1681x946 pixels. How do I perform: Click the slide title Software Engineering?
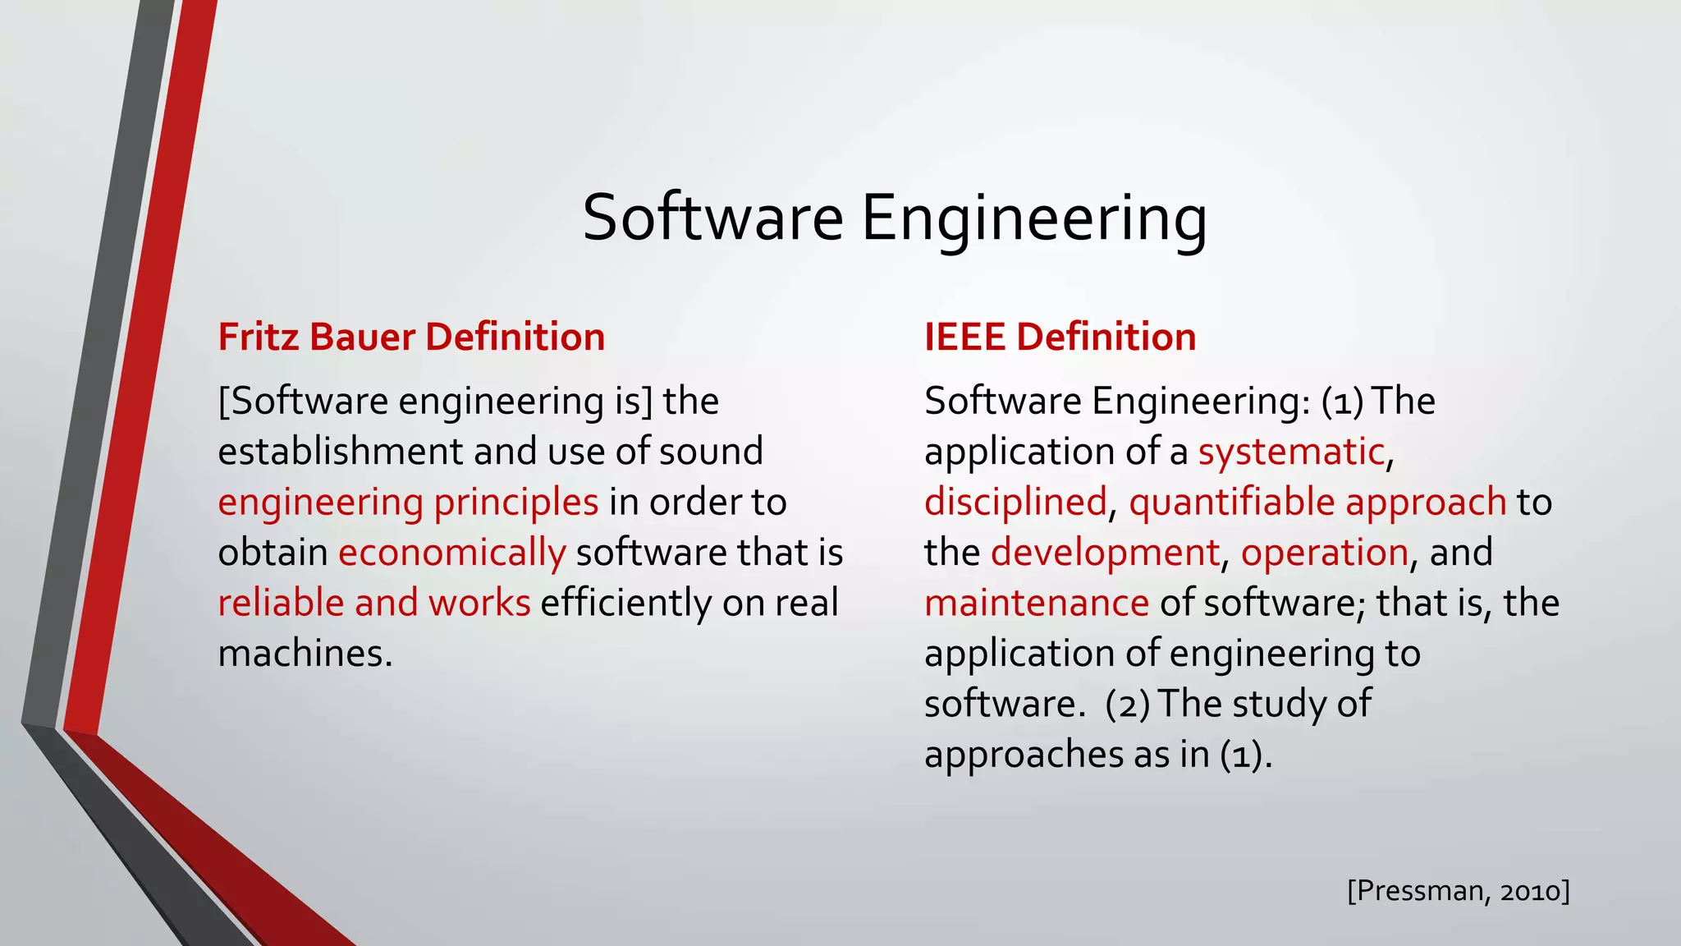pyautogui.click(x=894, y=218)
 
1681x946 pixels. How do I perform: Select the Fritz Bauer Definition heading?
pyautogui.click(x=411, y=338)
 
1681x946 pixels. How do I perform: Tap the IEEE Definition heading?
pyautogui.click(x=1060, y=338)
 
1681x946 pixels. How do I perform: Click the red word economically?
pyautogui.click(x=451, y=553)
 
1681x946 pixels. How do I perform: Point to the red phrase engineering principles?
pyautogui.click(x=408, y=503)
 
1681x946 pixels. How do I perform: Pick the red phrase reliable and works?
pyautogui.click(x=374, y=603)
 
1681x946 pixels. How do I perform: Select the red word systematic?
pyautogui.click(x=1291, y=452)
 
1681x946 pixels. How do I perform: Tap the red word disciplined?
pyautogui.click(x=1015, y=503)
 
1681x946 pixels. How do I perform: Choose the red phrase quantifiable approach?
pyautogui.click(x=1317, y=503)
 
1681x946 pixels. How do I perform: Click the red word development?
pyautogui.click(x=1105, y=553)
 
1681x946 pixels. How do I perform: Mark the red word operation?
pyautogui.click(x=1325, y=553)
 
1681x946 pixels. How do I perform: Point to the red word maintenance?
pyautogui.click(x=1037, y=603)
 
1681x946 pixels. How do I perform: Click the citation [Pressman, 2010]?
pyautogui.click(x=1459, y=890)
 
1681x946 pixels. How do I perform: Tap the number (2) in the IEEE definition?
pyautogui.click(x=1128, y=705)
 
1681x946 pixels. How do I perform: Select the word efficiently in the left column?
pyautogui.click(x=626, y=603)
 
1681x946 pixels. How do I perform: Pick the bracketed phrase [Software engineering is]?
pyautogui.click(x=435, y=402)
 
